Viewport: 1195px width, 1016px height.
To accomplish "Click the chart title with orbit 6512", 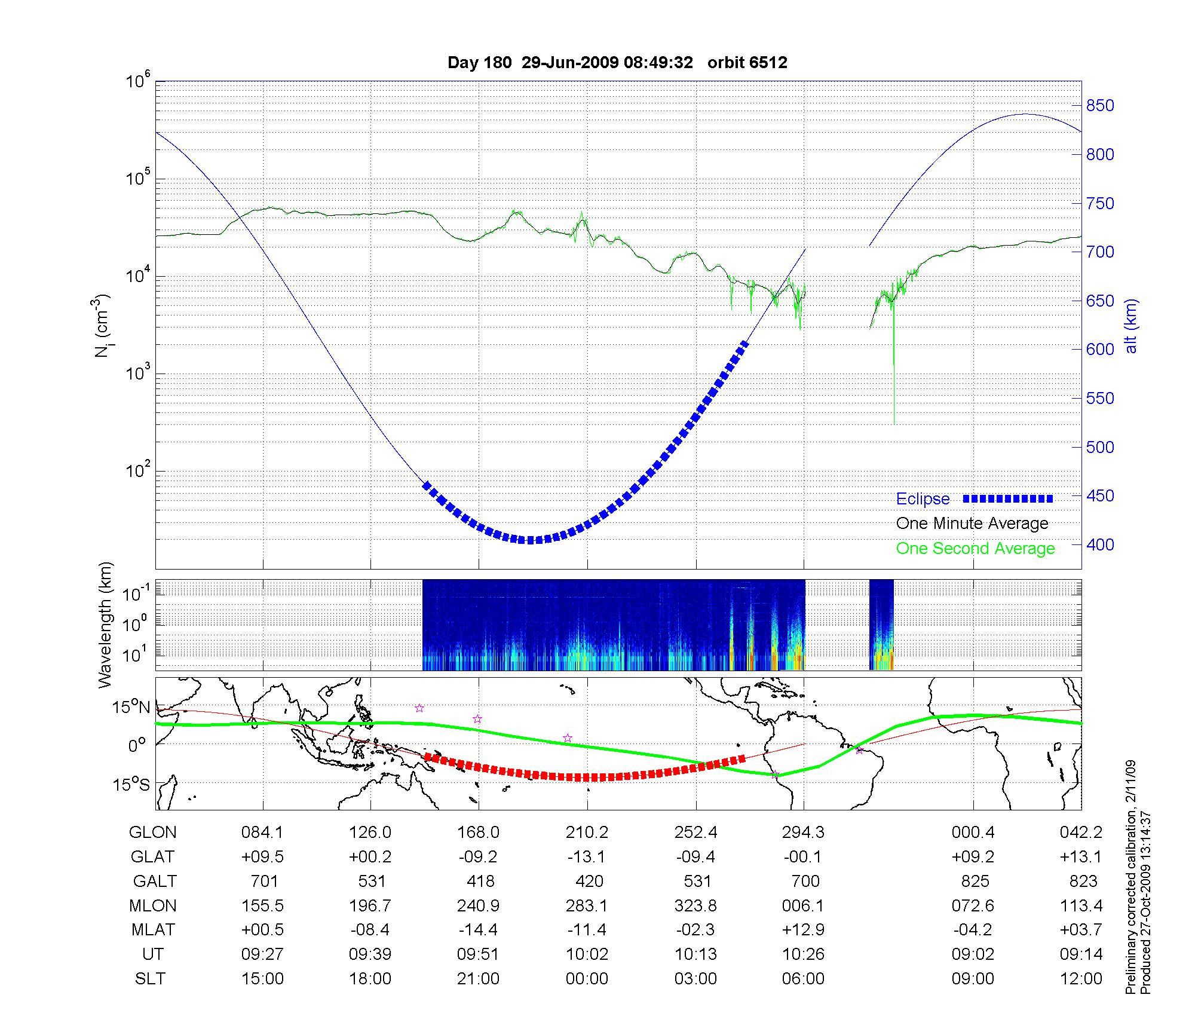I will (617, 63).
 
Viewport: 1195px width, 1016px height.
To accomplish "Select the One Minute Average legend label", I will (972, 524).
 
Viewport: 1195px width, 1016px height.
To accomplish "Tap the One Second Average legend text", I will (975, 549).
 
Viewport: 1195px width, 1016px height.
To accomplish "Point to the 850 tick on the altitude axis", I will (1100, 106).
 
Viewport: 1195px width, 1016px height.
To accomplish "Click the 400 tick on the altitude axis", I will (1100, 544).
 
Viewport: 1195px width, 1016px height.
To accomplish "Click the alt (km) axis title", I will (1131, 326).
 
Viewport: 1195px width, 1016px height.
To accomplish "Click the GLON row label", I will (153, 833).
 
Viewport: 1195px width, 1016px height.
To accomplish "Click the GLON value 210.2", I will (587, 833).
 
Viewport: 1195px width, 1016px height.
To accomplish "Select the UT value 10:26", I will (804, 954).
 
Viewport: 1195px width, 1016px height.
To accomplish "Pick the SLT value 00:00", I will (587, 979).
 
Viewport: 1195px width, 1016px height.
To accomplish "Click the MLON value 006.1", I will (804, 906).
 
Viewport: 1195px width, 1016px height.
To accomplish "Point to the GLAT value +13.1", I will (1081, 857).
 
